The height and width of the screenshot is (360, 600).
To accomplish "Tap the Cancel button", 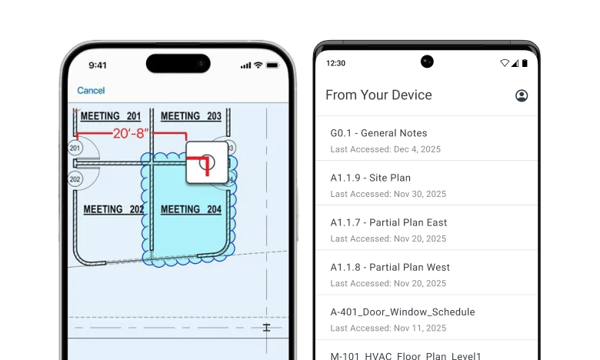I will (x=91, y=91).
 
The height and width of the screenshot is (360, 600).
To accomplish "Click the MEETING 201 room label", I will (x=111, y=116).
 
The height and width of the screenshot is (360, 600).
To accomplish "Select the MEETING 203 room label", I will (x=191, y=116).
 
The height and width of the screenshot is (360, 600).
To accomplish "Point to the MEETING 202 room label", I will (x=114, y=209).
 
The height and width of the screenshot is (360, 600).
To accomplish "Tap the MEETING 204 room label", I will (x=191, y=209).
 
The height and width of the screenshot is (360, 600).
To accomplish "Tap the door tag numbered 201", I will (x=75, y=148).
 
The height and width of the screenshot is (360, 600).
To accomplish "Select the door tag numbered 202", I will (x=75, y=179).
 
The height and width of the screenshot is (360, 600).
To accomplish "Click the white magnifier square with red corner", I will (x=207, y=162).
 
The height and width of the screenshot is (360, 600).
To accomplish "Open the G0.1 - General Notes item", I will (x=378, y=133).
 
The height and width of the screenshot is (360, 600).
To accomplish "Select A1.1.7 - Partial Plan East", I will (x=388, y=222).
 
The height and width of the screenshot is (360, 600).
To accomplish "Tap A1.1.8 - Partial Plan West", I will (x=390, y=267).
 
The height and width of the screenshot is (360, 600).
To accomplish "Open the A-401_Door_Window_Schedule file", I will (x=402, y=312).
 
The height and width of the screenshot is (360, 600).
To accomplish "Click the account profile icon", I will (x=522, y=95).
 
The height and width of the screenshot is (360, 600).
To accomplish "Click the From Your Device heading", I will (x=378, y=95).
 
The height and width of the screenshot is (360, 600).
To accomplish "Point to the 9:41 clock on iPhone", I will (x=98, y=65).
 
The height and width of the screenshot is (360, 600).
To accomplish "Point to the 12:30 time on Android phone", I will (x=336, y=62).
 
